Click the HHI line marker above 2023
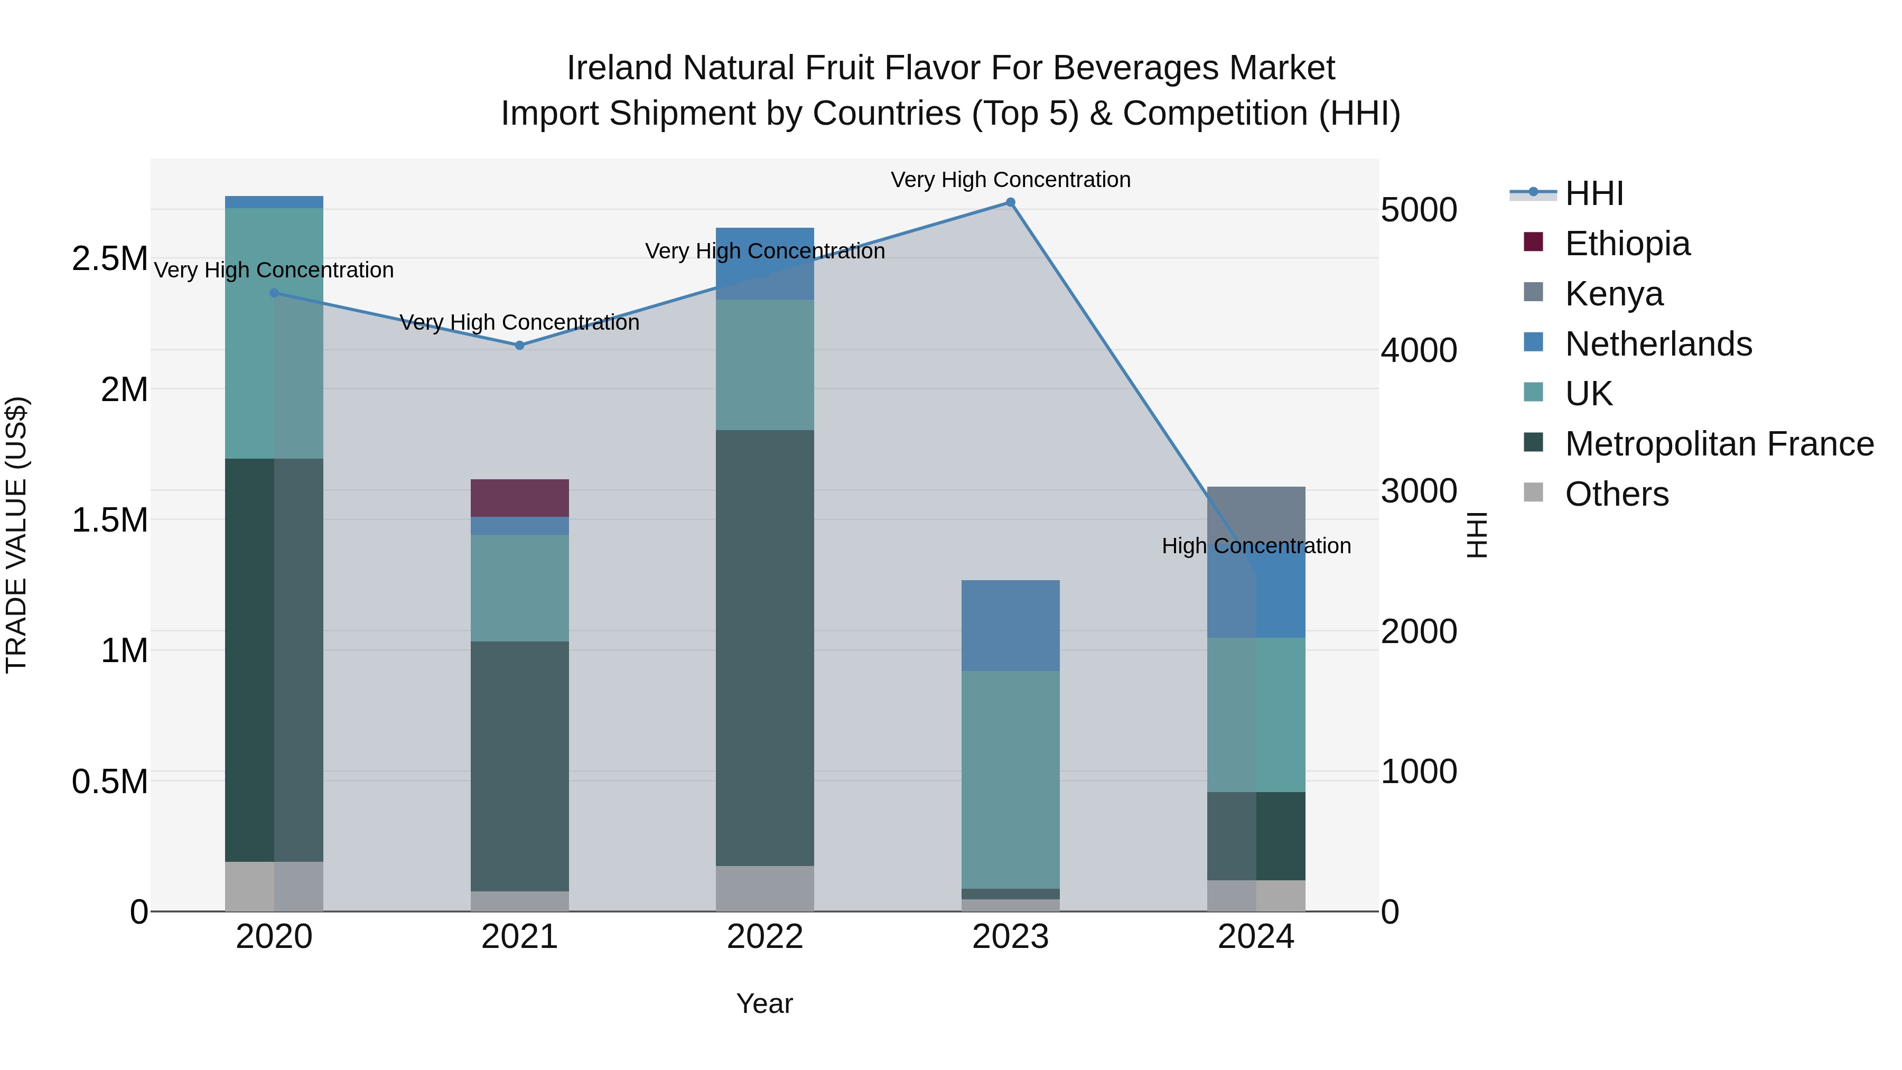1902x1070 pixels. tap(1010, 202)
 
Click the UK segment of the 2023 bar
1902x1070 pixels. tap(1010, 779)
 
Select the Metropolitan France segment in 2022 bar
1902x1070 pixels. tap(765, 648)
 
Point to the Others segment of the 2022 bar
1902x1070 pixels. tap(765, 888)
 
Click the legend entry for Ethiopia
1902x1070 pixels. tap(1627, 243)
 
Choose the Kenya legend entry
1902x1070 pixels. tap(1614, 293)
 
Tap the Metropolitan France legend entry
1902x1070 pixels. tap(1718, 444)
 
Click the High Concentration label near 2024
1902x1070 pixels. tap(1256, 546)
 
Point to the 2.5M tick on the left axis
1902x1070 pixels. tap(110, 258)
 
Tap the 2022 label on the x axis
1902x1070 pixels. tap(765, 937)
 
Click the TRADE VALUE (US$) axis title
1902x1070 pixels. tap(16, 535)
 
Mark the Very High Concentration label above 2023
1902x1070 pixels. tap(1010, 180)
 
